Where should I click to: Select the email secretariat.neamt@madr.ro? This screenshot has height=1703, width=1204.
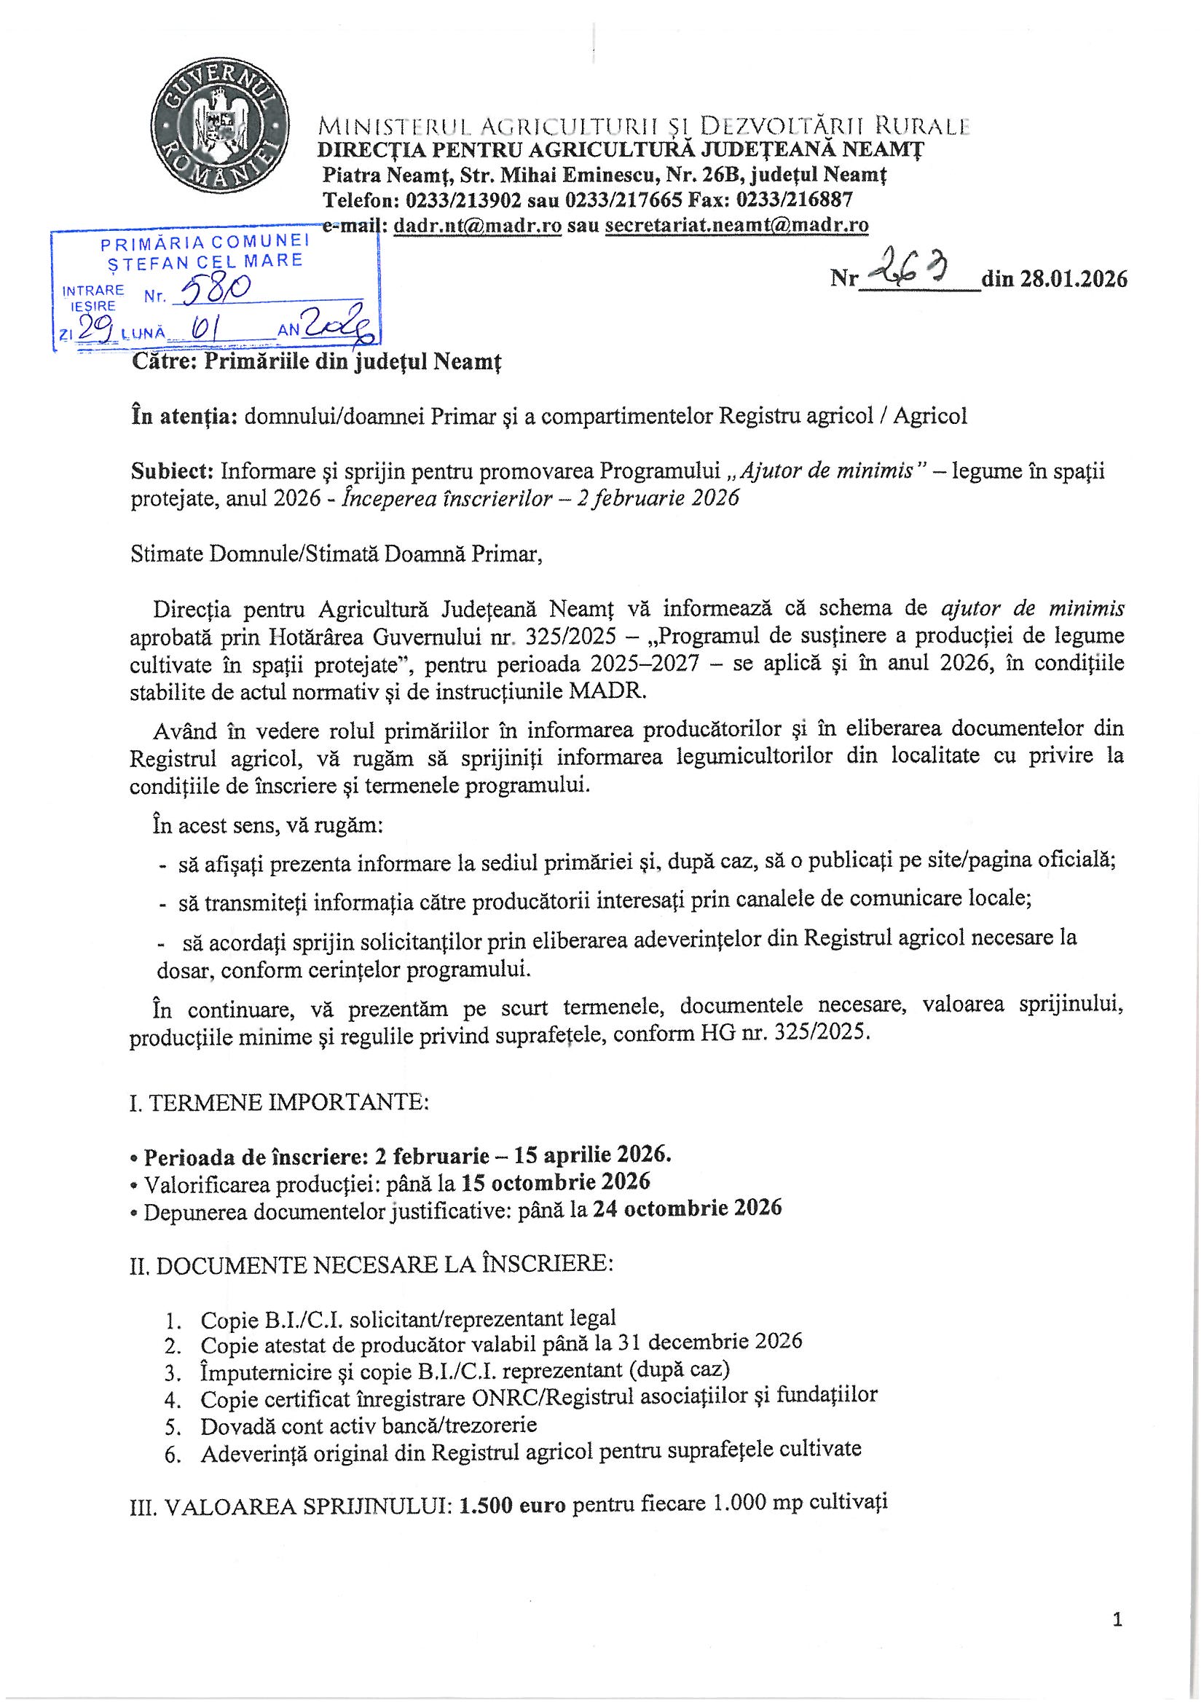(736, 225)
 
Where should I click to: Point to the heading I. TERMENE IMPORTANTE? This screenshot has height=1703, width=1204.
(278, 1102)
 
